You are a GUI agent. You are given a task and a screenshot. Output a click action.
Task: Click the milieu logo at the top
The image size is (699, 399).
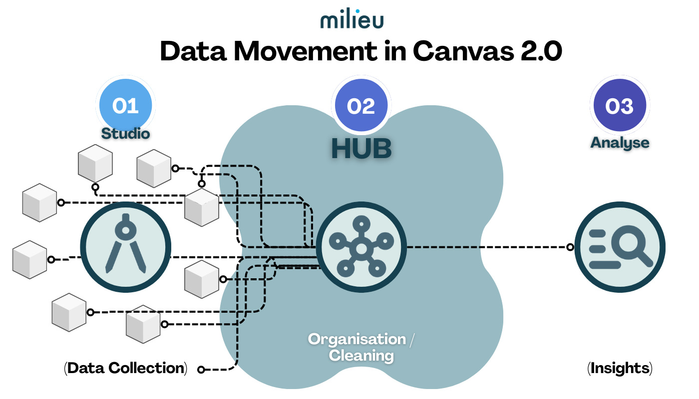[351, 20]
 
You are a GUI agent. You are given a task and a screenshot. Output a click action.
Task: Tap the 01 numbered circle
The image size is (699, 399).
[125, 105]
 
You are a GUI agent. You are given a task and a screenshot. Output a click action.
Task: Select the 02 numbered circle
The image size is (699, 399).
[361, 105]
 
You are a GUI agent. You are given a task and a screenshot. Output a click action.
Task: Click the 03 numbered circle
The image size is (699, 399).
[620, 105]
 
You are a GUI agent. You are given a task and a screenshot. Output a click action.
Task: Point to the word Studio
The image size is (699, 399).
[125, 134]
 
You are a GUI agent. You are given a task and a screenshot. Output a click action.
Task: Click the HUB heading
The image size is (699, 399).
[361, 149]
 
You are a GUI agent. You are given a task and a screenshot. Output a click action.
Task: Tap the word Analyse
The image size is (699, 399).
[620, 143]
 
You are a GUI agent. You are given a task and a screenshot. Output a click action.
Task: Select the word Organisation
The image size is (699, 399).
[357, 339]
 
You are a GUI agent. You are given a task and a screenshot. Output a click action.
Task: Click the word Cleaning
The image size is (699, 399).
[361, 356]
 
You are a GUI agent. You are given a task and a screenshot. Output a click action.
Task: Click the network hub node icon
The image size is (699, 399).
[361, 247]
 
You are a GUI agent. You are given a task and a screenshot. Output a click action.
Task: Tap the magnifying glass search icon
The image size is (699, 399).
[620, 247]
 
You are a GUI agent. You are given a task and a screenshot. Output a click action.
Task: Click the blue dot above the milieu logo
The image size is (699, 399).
[357, 11]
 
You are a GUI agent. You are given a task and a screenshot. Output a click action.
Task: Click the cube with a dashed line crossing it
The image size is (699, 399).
[143, 324]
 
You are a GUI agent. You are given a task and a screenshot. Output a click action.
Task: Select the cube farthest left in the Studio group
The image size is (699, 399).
[29, 259]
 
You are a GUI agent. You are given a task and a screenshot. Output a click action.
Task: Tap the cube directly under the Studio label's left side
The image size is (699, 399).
[95, 164]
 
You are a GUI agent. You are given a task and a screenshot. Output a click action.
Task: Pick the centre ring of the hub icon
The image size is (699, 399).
[361, 248]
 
